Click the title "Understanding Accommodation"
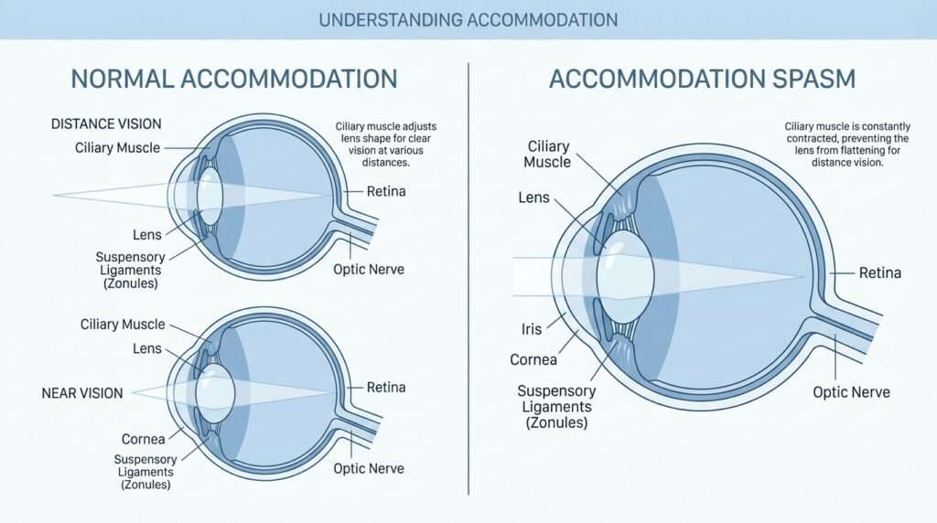click(468, 20)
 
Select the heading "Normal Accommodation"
click(234, 79)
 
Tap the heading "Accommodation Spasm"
click(702, 79)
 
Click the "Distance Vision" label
click(106, 124)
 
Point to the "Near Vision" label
click(82, 393)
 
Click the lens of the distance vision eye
click(210, 197)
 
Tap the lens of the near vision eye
click(214, 393)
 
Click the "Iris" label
click(532, 329)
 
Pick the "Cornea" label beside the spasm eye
click(533, 360)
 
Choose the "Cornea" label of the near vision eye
click(144, 440)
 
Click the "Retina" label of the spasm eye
click(879, 272)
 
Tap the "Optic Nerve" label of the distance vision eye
click(369, 269)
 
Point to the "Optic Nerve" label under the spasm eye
click(851, 392)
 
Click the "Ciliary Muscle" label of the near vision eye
click(123, 325)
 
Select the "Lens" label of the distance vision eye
click(147, 235)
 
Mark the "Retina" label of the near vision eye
click(386, 388)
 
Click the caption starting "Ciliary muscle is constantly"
click(847, 144)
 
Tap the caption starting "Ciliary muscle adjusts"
click(385, 144)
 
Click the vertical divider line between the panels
click(468, 279)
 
